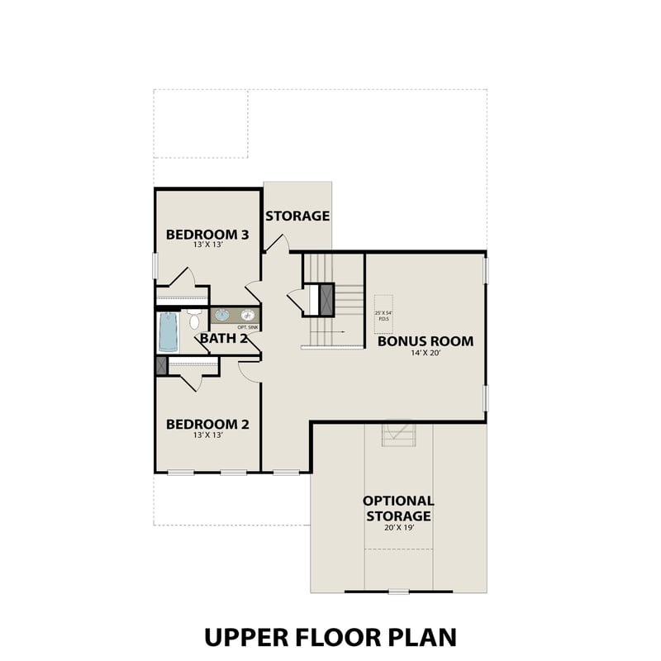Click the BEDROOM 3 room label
tap(207, 234)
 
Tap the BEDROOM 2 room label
tap(207, 424)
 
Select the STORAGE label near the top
tap(297, 216)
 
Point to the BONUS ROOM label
tap(426, 340)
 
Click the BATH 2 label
tap(224, 337)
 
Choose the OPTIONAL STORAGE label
tap(398, 508)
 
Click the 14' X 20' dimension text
tap(426, 354)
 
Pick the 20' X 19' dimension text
tap(398, 527)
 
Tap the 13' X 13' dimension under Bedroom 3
tap(207, 245)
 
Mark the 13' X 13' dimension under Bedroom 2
tap(207, 435)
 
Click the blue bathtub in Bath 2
tap(168, 332)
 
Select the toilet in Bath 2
tap(194, 319)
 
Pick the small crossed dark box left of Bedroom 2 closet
tap(161, 365)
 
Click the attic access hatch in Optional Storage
tap(398, 434)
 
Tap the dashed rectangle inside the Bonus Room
tap(383, 315)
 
